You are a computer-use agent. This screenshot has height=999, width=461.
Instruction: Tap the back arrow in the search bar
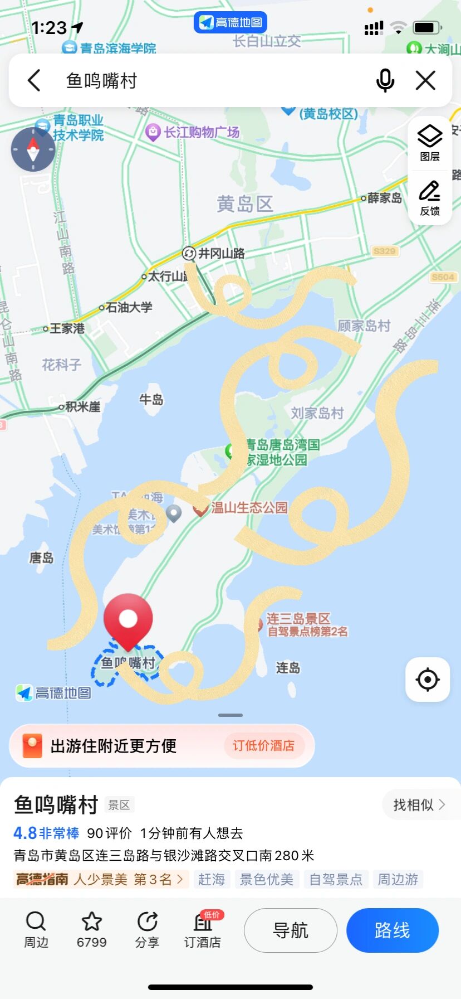point(35,81)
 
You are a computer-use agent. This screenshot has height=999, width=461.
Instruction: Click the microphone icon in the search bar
point(385,81)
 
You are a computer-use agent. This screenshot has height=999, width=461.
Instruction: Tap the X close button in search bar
point(425,81)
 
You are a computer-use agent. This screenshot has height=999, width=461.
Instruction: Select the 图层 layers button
point(430,143)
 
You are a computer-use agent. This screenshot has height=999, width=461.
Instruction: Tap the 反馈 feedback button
point(430,198)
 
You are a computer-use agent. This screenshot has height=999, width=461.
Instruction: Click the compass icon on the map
point(33,149)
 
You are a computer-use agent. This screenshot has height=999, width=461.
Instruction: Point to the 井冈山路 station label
point(221,254)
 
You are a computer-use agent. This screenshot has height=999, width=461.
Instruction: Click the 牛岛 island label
point(151,400)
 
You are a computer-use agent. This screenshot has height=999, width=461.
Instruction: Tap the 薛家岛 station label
point(384,198)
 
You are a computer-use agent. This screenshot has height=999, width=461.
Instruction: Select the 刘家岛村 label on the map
point(317,413)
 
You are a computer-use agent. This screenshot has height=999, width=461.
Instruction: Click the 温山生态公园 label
point(249,507)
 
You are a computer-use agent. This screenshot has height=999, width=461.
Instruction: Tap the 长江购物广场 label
point(200,132)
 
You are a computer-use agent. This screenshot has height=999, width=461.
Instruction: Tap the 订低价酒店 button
point(263,746)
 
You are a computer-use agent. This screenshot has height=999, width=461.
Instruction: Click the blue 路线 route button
point(392,930)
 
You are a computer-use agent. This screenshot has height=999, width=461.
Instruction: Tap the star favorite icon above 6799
point(92,922)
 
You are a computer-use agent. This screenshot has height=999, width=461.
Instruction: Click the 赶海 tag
point(212,879)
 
